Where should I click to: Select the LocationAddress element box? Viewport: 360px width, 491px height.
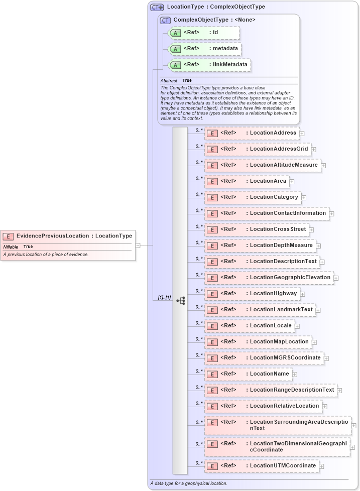[x=251, y=133]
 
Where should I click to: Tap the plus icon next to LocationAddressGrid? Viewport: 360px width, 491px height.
[x=313, y=149]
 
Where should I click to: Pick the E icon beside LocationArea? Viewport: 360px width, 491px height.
[x=212, y=181]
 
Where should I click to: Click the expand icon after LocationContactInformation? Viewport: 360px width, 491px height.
[x=331, y=213]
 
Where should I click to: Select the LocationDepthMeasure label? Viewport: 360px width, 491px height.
[x=281, y=245]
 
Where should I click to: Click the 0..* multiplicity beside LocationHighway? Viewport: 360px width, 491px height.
[x=199, y=291]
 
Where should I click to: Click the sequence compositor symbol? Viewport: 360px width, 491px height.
[x=180, y=300]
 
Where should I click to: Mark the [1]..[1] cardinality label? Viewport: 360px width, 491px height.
[x=164, y=298]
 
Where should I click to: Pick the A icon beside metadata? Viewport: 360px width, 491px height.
[x=175, y=49]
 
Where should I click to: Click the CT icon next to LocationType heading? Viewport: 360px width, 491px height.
[x=157, y=7]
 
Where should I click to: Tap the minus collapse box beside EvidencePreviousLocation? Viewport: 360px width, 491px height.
[x=138, y=245]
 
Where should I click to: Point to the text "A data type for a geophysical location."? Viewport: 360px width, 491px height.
[x=189, y=483]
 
